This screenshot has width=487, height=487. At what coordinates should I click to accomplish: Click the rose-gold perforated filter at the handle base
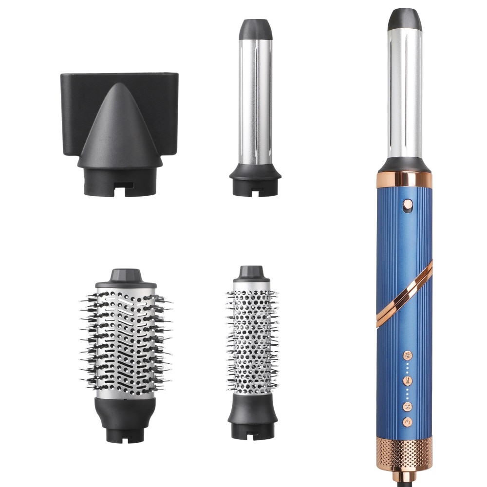(404, 453)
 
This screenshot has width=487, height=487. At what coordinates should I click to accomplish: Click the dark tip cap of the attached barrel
(405, 19)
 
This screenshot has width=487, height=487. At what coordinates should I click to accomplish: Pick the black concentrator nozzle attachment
(120, 131)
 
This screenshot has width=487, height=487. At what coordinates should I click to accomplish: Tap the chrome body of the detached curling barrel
(255, 102)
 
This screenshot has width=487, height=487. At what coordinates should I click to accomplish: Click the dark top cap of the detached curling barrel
(255, 29)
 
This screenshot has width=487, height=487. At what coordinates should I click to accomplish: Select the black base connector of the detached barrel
(255, 183)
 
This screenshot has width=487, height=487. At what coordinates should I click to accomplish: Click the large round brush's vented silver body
(126, 341)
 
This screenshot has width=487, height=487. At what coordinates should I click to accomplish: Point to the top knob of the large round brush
(126, 276)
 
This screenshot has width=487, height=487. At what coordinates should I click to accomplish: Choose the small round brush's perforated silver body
(252, 336)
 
